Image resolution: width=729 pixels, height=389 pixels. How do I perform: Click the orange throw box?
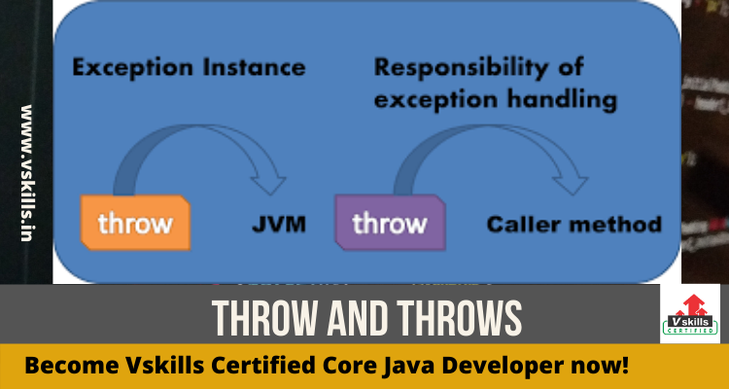pyautogui.click(x=135, y=223)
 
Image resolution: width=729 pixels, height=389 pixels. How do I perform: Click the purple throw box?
pyautogui.click(x=390, y=223)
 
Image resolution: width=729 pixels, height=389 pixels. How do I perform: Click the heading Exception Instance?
pyautogui.click(x=189, y=68)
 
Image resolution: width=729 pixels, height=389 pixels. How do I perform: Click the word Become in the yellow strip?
pyautogui.click(x=65, y=367)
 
